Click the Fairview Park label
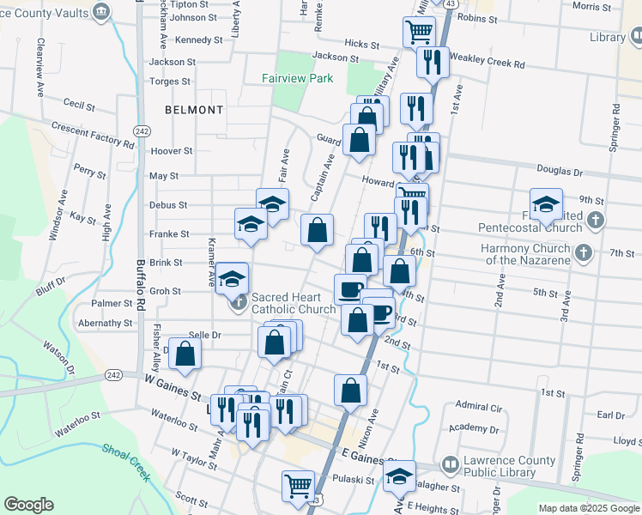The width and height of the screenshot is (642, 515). click(296, 78)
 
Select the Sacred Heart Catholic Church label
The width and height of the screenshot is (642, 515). click(293, 304)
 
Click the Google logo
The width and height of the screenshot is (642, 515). click(28, 505)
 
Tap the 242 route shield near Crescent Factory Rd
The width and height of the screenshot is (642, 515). click(142, 130)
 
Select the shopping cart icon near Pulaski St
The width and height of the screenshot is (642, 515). click(298, 485)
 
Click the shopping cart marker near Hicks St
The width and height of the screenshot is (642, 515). click(419, 32)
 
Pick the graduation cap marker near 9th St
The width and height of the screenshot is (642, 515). click(546, 204)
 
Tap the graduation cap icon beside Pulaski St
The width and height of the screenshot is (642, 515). click(399, 476)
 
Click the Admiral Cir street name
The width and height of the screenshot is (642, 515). click(478, 406)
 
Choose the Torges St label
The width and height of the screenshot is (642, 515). click(170, 82)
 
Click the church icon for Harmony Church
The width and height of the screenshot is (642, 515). click(584, 252)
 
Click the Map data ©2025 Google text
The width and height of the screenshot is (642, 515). click(588, 508)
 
